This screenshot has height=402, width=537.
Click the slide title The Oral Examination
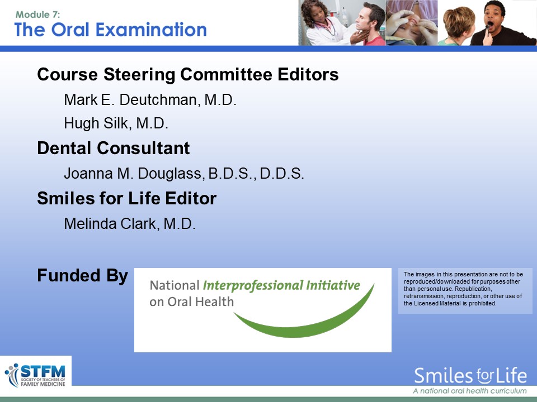(111, 30)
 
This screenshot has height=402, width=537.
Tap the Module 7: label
(37, 15)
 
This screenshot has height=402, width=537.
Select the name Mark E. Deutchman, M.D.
(150, 100)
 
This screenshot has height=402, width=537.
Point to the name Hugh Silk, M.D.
(116, 123)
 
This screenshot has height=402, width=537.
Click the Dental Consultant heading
(114, 148)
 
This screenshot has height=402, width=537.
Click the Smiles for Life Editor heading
(127, 198)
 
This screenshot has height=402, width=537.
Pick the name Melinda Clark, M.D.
(129, 223)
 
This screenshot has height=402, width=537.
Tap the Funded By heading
(83, 275)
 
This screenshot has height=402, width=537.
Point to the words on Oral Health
(191, 301)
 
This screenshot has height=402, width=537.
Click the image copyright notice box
(465, 291)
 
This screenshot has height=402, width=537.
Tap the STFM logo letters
(43, 371)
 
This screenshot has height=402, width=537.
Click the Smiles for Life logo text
(470, 376)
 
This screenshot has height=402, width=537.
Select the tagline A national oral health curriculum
(470, 391)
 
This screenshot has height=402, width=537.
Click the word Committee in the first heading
(226, 74)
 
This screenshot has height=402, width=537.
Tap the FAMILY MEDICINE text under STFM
(43, 384)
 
